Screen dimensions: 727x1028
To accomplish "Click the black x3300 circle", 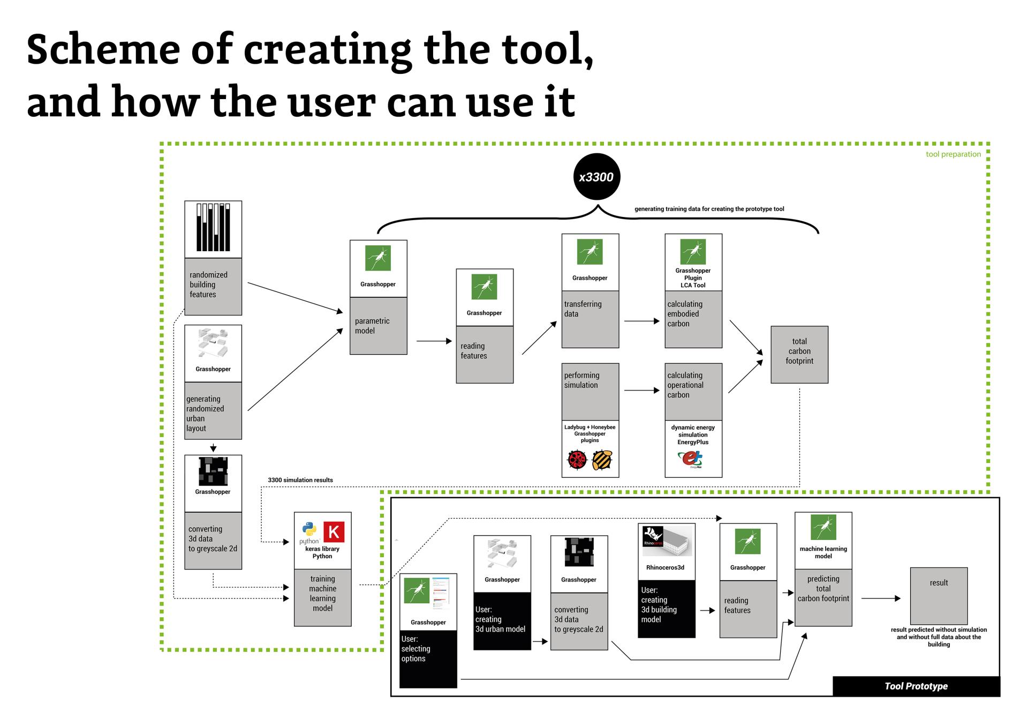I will coord(596,177).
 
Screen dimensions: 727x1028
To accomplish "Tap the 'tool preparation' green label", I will coord(953,154).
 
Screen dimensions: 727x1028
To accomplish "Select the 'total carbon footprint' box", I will coord(799,354).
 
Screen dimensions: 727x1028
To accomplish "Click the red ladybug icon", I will coord(577,460).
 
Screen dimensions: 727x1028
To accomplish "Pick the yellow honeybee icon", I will coord(602,460).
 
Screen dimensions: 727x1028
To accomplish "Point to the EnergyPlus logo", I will coord(691,459).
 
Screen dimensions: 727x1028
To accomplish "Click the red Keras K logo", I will coord(334,532).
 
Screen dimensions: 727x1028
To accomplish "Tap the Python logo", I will coord(309,532).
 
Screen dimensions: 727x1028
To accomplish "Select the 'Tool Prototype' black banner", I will coord(916,686).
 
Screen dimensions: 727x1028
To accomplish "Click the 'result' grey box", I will coord(938,595).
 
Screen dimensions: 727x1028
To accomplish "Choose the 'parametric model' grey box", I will coord(378,326).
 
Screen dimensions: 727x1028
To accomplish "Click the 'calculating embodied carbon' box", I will coord(693,319).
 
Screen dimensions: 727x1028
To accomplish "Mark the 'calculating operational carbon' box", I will coord(693,391).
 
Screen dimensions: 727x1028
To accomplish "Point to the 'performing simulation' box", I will coord(589,391).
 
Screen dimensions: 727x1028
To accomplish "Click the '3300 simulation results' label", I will coord(300,480).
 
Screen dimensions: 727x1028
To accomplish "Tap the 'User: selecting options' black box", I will coord(428,658).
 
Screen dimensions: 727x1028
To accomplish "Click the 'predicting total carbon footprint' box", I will coord(823,597).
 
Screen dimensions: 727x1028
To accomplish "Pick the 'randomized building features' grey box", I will coord(213,286).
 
